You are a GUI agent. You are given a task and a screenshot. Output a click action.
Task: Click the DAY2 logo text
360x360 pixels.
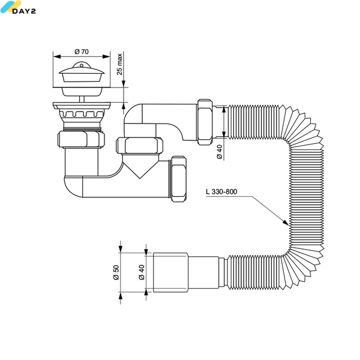coord(24,11)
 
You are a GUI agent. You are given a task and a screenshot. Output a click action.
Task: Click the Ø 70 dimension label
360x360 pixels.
coord(82,52)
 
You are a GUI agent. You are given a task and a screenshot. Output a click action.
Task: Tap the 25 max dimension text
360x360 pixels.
coord(119,64)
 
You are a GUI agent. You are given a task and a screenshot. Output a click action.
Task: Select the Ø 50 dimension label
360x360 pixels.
coord(116,272)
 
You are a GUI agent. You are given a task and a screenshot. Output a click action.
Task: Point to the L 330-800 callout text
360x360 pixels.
coord(221,191)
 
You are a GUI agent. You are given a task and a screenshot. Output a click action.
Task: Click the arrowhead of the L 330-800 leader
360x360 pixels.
coord(286,223)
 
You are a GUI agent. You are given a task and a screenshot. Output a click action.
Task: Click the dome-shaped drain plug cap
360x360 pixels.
coord(82,71)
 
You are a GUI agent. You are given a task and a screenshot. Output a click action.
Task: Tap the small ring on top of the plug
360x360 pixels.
coord(82,65)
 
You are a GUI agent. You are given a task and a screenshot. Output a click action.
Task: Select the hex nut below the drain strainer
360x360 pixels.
coord(81,139)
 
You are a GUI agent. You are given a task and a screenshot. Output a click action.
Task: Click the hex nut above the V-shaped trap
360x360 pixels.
coord(139,146)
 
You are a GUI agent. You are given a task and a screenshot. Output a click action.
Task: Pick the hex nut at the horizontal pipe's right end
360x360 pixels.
coord(179,179)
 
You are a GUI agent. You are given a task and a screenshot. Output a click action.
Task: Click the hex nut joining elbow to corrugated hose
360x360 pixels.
coord(205,122)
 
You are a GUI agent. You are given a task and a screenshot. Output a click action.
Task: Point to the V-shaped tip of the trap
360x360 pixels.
coord(140,178)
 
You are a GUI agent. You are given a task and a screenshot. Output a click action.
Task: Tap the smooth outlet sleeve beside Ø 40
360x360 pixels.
coord(170,272)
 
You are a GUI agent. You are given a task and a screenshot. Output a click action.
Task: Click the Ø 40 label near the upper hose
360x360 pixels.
coord(220,152)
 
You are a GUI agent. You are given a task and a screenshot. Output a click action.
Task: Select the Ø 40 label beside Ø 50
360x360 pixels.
coord(142,272)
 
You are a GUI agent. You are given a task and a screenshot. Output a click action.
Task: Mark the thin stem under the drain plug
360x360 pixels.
coord(82,99)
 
